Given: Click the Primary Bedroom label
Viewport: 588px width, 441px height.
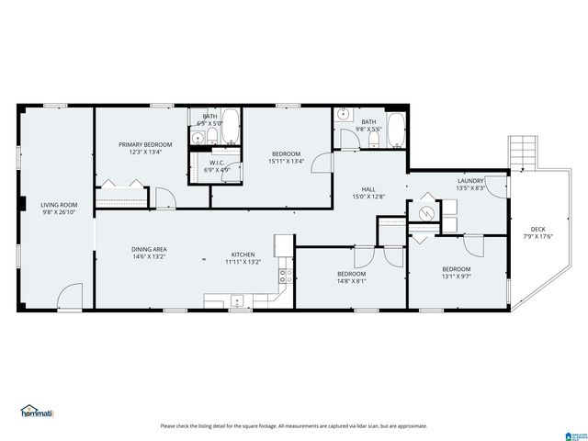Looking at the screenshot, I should [145, 144].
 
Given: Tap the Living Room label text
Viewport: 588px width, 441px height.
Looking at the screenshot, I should [58, 205].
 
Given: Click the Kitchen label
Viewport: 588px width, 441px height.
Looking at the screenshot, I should [243, 254].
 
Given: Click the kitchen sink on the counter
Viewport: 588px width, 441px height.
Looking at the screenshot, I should [237, 300].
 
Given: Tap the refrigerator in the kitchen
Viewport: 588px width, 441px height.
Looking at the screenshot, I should [284, 243].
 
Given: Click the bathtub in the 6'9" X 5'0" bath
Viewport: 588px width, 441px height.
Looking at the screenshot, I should [229, 128].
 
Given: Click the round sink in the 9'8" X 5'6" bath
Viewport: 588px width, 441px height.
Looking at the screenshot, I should [344, 116].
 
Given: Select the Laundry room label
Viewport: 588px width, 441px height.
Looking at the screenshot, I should [470, 181].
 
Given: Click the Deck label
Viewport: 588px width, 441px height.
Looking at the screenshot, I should [537, 230].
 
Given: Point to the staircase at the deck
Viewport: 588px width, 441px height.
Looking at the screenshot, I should [522, 151].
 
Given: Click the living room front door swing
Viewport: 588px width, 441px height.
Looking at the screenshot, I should [70, 296].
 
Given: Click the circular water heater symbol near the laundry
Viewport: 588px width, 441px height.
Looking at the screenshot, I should [426, 212].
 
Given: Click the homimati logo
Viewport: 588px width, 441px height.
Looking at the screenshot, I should [40, 411].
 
